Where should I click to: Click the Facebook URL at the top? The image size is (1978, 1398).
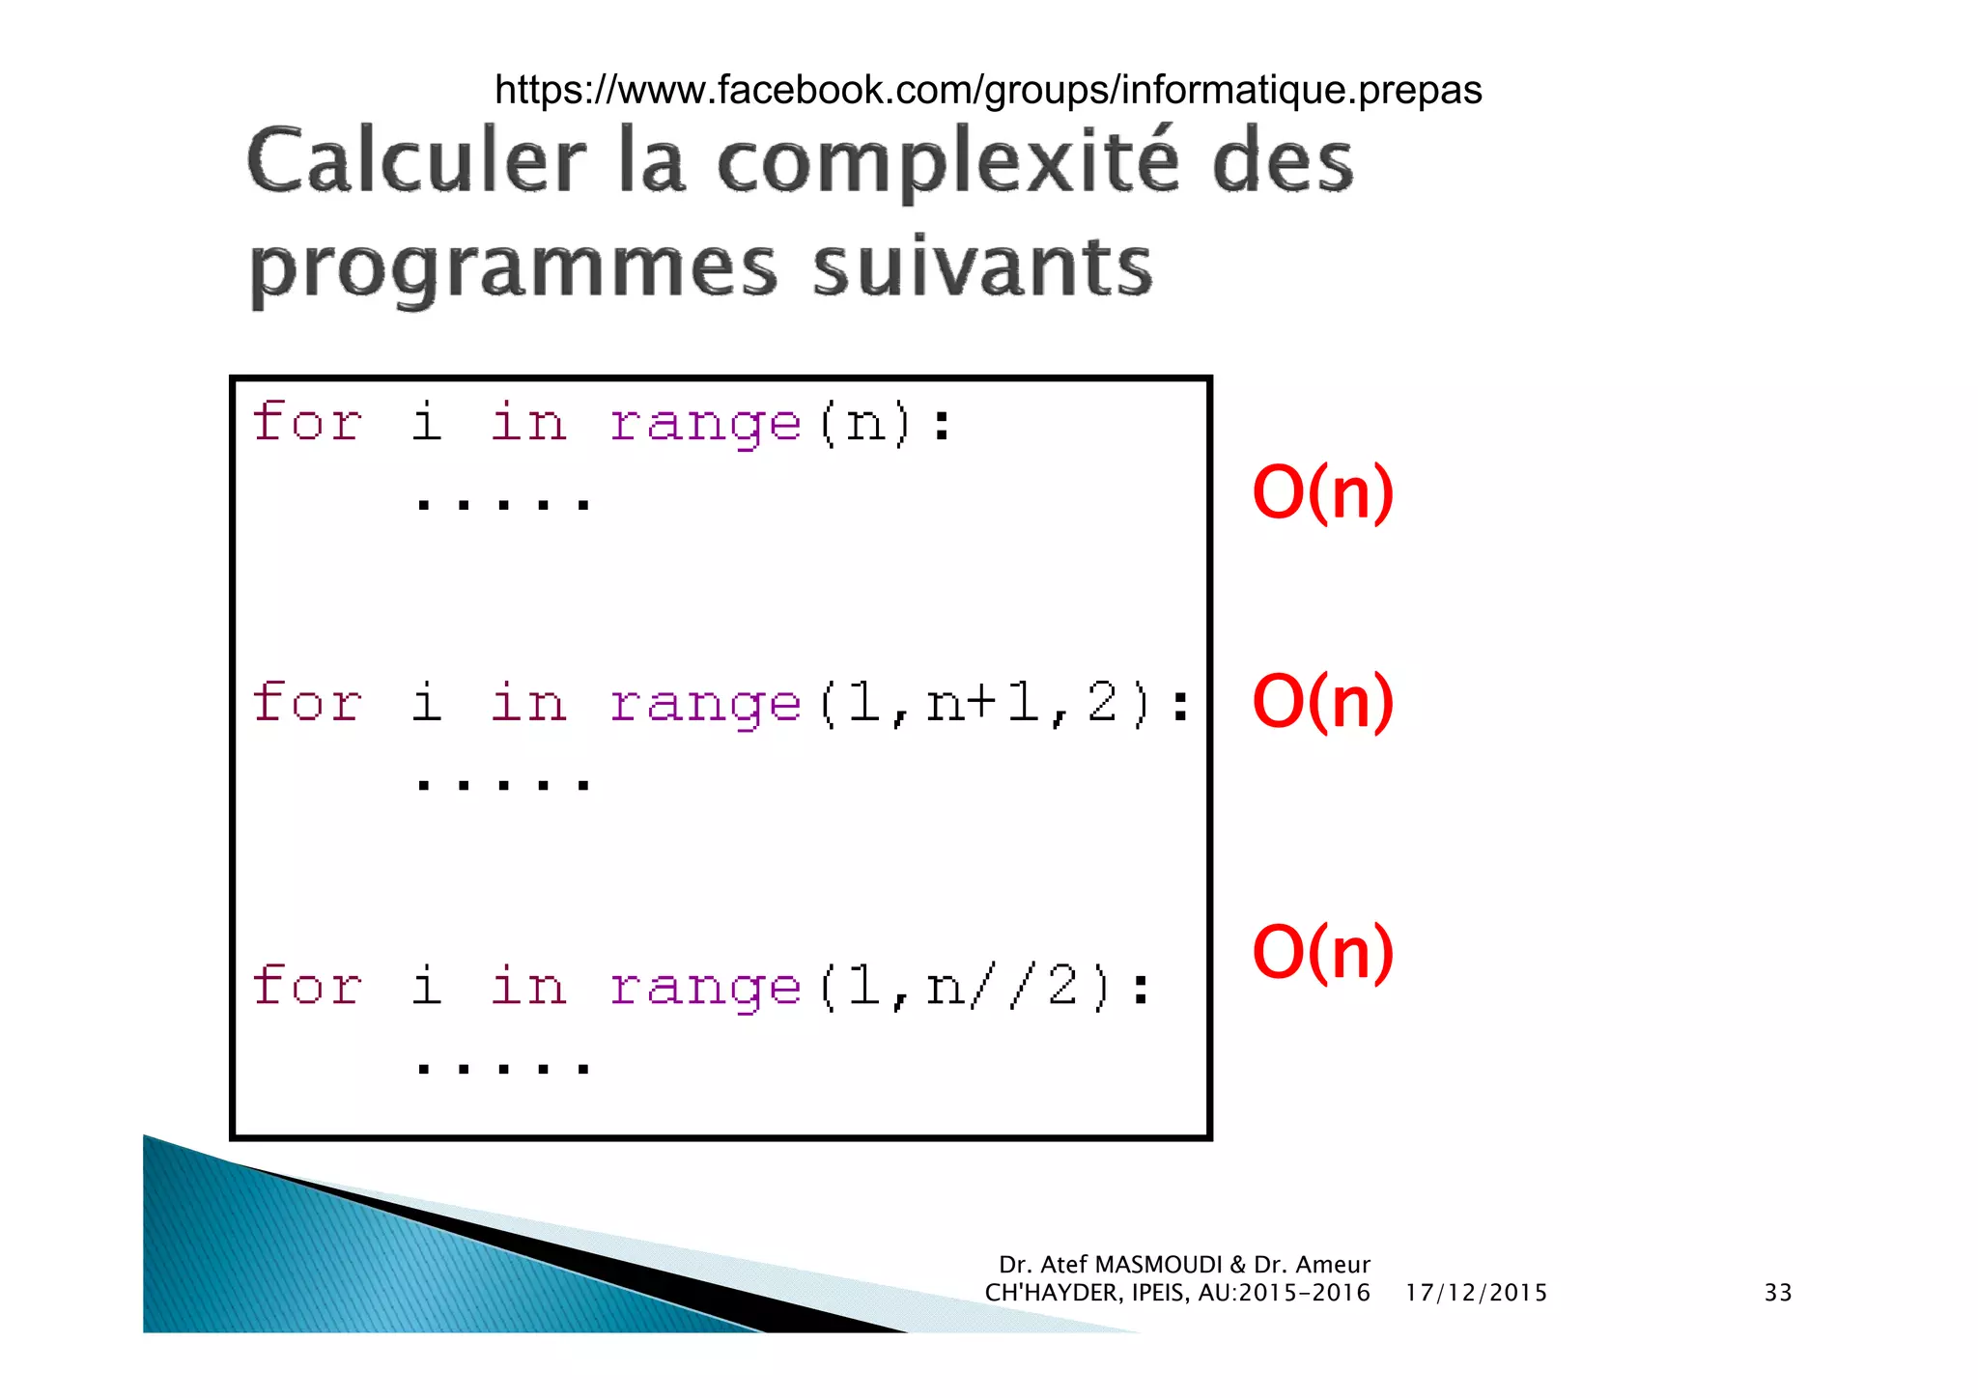click(987, 90)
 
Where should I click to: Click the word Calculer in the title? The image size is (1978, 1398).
click(416, 161)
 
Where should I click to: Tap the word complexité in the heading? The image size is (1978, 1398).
click(947, 161)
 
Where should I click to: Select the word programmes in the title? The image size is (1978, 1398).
click(513, 268)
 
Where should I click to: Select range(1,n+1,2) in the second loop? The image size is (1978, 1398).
click(898, 703)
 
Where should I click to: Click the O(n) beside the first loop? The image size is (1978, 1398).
click(1322, 492)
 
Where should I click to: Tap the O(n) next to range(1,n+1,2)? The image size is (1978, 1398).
click(1322, 701)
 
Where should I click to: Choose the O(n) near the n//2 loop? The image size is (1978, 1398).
click(1322, 952)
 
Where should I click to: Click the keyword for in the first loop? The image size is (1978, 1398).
click(307, 423)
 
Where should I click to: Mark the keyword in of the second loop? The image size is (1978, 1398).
click(527, 703)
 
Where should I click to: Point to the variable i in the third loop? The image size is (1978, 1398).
click(426, 987)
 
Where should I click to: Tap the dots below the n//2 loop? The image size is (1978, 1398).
click(502, 1068)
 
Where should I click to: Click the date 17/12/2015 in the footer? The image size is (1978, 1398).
click(1475, 1293)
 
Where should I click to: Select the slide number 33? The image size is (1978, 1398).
click(1777, 1293)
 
